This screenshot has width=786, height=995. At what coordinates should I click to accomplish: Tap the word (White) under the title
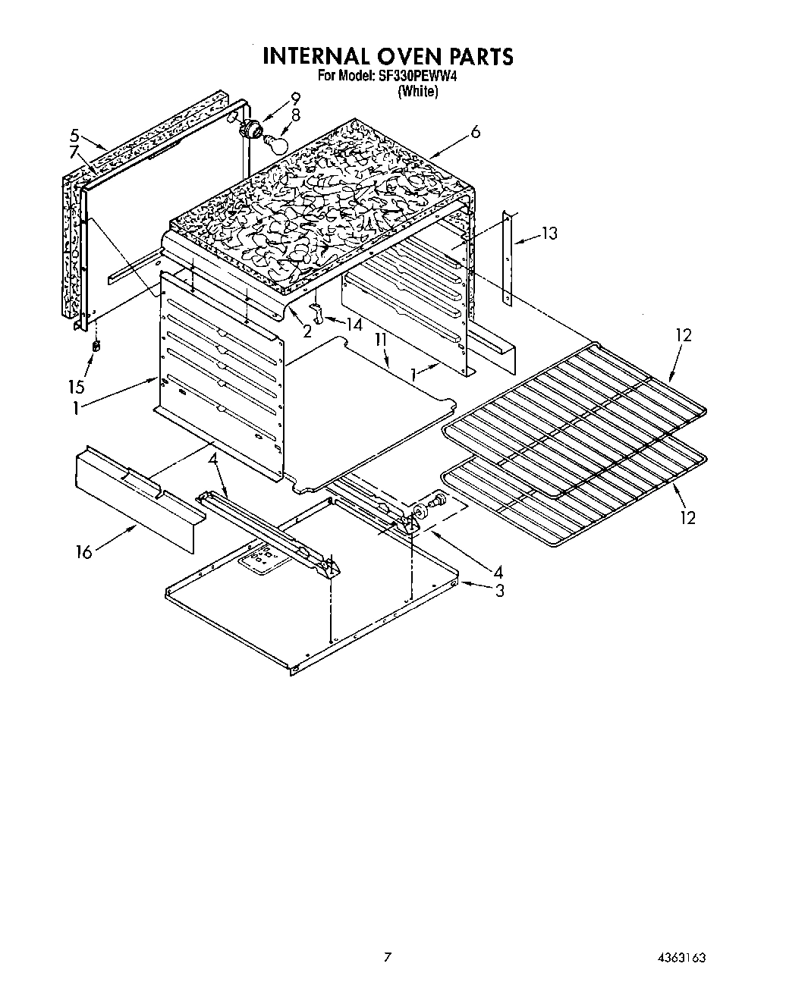point(417,92)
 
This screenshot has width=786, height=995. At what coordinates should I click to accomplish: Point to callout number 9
point(295,98)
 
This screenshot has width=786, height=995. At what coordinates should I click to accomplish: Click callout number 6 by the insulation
point(475,132)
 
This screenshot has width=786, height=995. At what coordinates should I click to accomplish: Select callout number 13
point(549,234)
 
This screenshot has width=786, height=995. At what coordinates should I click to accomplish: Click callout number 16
point(83,552)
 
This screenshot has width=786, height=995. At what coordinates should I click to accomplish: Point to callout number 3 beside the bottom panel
point(499,591)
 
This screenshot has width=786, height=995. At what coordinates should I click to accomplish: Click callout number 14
point(354,323)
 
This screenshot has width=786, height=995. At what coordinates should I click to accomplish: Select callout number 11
point(380,342)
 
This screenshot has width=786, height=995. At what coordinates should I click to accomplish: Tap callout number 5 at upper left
point(74,136)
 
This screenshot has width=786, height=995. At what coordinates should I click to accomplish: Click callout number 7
point(74,152)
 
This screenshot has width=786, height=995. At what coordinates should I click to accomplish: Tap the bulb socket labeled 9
point(248,127)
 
